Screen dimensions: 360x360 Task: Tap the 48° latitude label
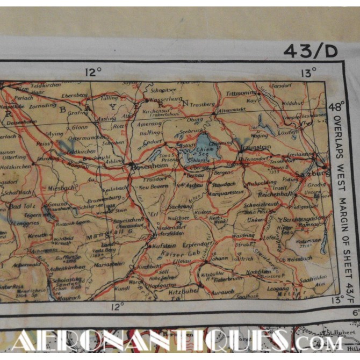337,106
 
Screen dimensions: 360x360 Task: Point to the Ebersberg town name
76,95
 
